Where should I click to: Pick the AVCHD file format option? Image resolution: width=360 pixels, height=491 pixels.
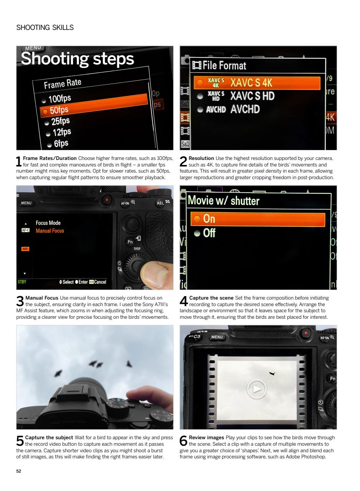(x=244, y=109)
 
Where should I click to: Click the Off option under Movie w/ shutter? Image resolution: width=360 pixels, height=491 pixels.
(x=209, y=233)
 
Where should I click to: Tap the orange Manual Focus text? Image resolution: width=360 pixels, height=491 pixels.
(x=50, y=231)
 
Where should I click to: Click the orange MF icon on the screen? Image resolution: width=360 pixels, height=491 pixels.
(x=25, y=249)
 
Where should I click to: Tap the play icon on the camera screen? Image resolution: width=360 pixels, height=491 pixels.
(x=257, y=389)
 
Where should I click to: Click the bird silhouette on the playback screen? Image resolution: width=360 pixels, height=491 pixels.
(x=272, y=373)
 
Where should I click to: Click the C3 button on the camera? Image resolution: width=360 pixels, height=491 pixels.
(x=196, y=336)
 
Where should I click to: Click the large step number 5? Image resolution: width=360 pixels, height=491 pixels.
(x=20, y=442)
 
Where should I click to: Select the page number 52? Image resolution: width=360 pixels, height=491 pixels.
(x=19, y=471)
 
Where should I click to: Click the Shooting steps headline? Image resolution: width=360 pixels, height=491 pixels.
(x=77, y=59)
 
